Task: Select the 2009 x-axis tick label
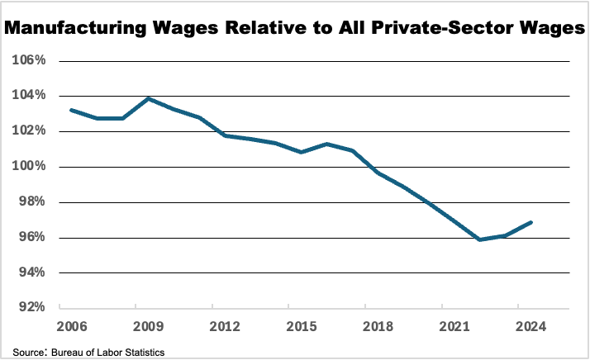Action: tap(146, 325)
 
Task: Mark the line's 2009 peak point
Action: tap(148, 98)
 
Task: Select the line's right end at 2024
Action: tap(531, 222)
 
